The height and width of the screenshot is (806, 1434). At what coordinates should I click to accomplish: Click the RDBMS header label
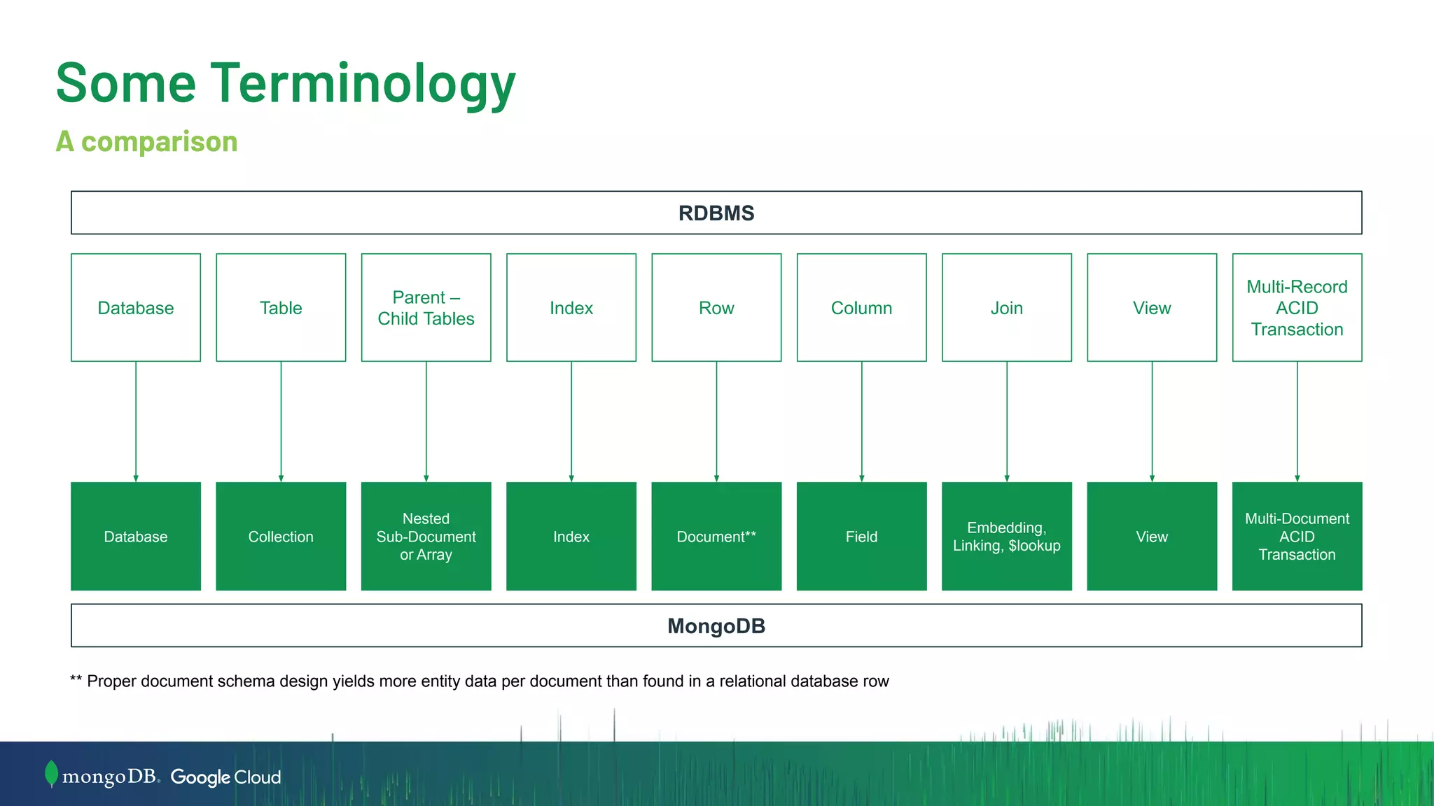[x=716, y=213]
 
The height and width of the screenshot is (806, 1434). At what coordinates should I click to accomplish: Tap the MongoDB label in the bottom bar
[x=716, y=626]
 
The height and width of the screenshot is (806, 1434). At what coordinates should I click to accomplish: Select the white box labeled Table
[x=281, y=308]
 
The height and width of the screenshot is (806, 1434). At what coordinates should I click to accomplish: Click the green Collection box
[x=281, y=537]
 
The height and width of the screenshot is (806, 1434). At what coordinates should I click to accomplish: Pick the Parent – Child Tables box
[x=426, y=308]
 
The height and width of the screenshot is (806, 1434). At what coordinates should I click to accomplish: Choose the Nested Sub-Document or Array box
[x=426, y=537]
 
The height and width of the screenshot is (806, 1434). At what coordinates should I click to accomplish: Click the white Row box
[x=716, y=308]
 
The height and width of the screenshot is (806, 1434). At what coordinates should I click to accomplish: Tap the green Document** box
[x=716, y=537]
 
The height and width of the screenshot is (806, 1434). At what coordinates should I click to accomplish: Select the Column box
[x=861, y=308]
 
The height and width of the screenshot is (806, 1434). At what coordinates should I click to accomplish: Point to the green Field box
[x=861, y=537]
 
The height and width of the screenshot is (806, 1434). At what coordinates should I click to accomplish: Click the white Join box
[x=1006, y=308]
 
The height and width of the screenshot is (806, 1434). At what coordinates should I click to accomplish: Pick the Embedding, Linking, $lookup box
[x=1006, y=537]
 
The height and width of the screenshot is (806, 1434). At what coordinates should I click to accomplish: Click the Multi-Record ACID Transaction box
[x=1297, y=308]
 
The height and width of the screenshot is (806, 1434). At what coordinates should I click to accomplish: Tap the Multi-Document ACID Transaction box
[x=1297, y=537]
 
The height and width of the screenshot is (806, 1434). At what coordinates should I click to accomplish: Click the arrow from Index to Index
[x=571, y=420]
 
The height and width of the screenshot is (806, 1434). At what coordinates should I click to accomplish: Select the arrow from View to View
[x=1152, y=420]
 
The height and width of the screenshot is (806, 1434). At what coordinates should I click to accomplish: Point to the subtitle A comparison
[x=147, y=141]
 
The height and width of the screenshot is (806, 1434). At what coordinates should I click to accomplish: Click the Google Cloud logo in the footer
[x=225, y=777]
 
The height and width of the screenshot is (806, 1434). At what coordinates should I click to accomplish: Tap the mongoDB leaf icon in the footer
[x=51, y=774]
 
